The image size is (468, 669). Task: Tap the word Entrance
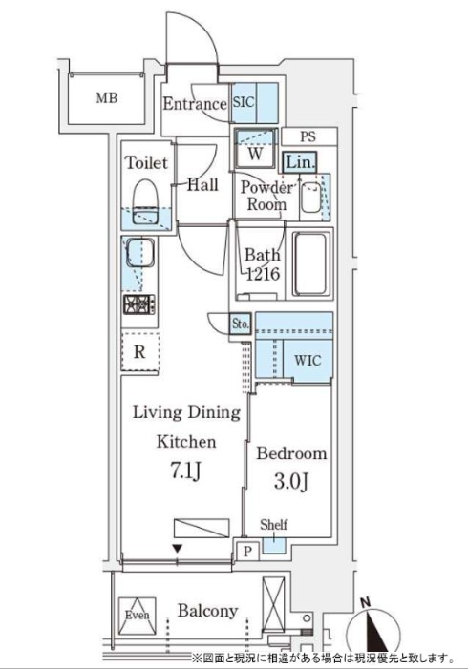pos(195,104)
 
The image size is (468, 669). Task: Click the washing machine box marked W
pos(255,150)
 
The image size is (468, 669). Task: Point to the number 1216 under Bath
pos(261,274)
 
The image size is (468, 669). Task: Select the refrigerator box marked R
pos(139,351)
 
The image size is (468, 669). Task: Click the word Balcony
pos(206,611)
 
